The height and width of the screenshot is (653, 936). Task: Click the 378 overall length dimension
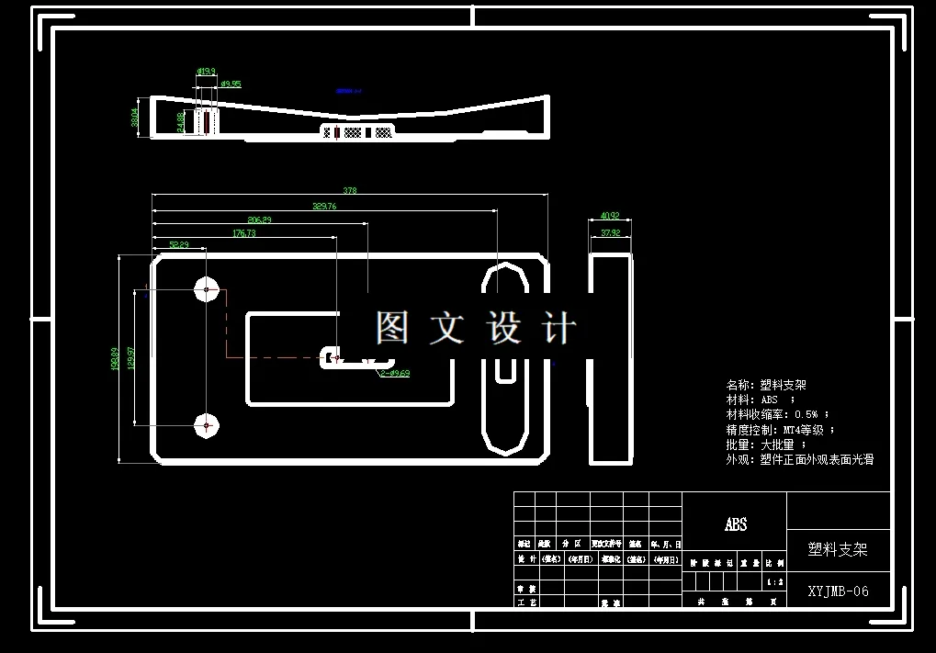349,191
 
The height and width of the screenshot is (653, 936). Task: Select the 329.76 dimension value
324,206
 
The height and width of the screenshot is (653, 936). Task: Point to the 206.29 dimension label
260,220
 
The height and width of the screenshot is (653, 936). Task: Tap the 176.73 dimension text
244,233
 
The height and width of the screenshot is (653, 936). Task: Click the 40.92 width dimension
610,217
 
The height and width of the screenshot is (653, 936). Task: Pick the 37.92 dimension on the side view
610,233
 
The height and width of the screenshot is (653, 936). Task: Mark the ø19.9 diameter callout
206,71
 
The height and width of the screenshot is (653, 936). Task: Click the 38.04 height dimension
135,118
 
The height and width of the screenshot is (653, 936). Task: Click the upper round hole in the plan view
207,289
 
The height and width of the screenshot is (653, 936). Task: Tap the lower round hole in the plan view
207,425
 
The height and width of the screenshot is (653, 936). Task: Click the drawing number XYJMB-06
838,591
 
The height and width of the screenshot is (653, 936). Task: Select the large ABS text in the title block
736,524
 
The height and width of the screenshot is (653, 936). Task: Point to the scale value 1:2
775,582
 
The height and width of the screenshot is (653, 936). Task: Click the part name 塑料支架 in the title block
837,549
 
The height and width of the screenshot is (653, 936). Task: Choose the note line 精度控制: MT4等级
780,430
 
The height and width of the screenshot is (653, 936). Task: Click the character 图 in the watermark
391,328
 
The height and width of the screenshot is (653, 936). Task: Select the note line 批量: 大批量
766,445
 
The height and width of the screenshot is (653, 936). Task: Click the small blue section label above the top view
348,91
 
